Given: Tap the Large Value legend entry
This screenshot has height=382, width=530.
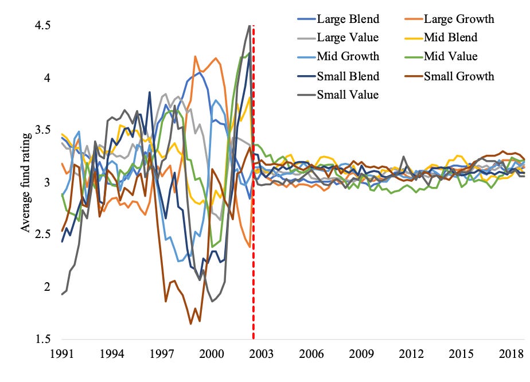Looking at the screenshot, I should coord(348,38).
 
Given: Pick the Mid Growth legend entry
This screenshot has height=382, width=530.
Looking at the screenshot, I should coord(348,57).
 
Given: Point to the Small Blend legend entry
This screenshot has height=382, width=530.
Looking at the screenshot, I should coord(348,76).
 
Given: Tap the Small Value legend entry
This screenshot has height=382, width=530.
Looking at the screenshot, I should coord(348,95).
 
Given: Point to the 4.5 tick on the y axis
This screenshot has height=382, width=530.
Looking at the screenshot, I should coord(43,25).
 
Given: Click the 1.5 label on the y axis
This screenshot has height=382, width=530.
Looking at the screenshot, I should coord(43,339).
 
